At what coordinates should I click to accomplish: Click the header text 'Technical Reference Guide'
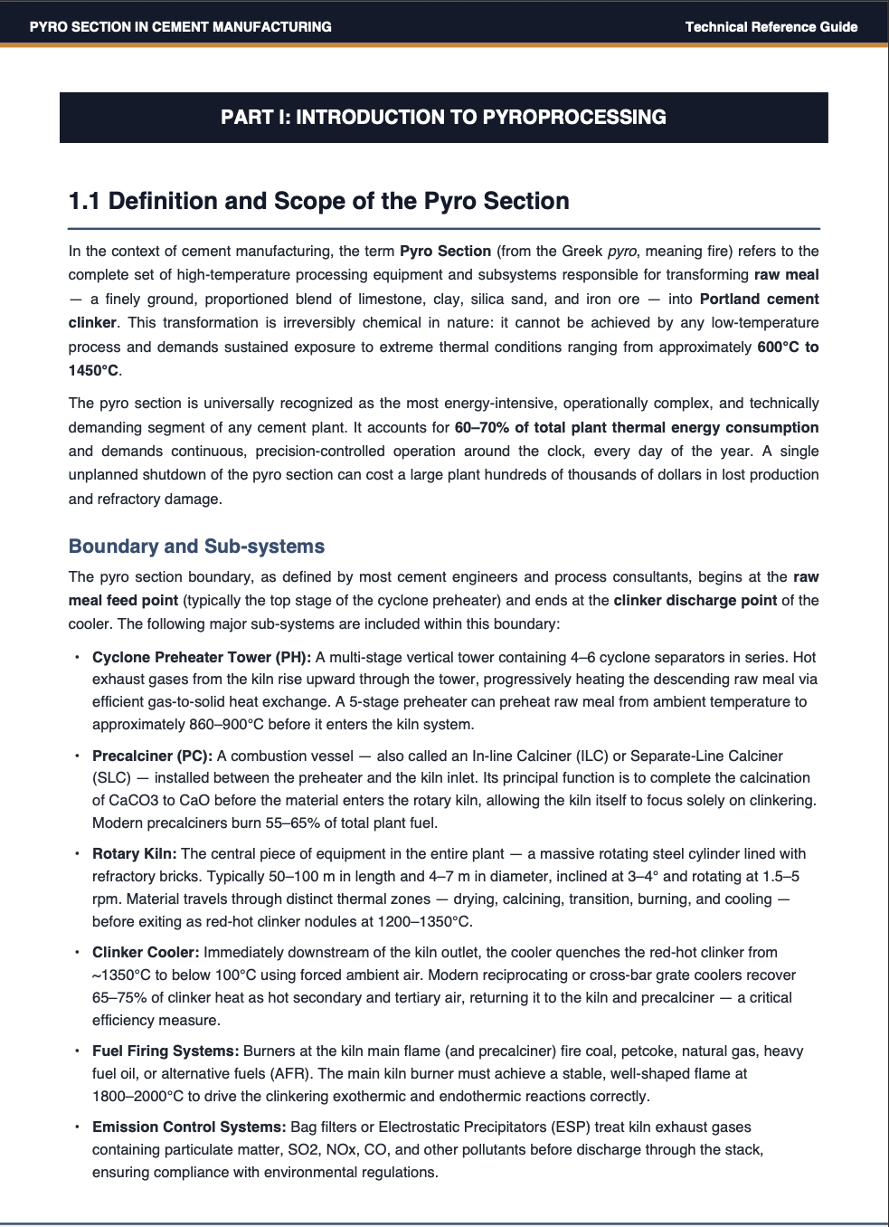771,26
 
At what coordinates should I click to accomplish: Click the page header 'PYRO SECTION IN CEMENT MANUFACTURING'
180,26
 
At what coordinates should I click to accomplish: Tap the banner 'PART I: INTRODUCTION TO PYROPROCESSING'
443,117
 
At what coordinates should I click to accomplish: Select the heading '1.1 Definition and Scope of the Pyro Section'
319,200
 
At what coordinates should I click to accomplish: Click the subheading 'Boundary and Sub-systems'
196,547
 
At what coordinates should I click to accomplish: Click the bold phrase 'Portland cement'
759,300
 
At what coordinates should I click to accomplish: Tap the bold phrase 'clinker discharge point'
695,600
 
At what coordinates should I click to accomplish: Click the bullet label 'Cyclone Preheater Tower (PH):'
202,657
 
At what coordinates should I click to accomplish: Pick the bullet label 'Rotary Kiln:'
134,854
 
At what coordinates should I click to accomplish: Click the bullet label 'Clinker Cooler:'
146,953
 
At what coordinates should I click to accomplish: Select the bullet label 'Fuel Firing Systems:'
166,1051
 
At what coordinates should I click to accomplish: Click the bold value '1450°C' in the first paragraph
93,371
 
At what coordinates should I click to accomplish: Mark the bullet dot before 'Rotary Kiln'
79,854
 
